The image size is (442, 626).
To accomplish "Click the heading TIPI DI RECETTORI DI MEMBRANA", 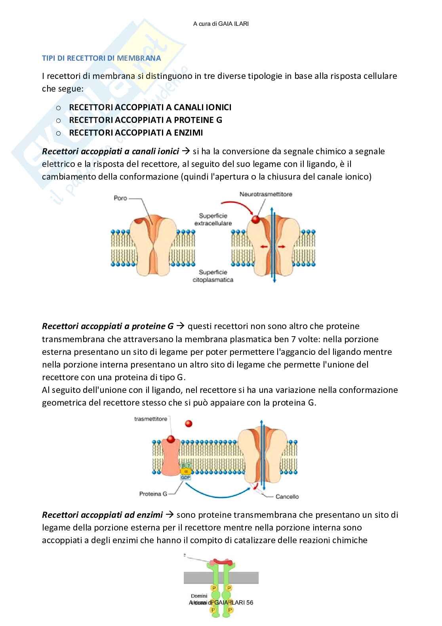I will pos(101,58).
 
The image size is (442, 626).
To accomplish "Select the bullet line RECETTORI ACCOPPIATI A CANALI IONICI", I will pos(150,107).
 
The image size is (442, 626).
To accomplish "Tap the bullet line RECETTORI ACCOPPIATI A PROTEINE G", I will pos(145,120).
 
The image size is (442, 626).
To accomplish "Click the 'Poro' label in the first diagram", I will pos(120,198).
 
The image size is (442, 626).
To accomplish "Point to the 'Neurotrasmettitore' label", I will pos(266,194).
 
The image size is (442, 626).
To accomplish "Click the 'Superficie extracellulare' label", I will pos(213,219).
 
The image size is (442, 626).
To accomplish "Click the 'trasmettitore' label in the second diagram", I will pos(151,419).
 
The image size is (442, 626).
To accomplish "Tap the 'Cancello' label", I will pos(287,496).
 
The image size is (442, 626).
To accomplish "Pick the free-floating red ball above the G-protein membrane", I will pos(189,424).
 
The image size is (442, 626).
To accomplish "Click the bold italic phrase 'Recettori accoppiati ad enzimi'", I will pos(103,515).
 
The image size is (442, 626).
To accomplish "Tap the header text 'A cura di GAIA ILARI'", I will pos(221,24).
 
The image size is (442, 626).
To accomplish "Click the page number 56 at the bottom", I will pos(250,603).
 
